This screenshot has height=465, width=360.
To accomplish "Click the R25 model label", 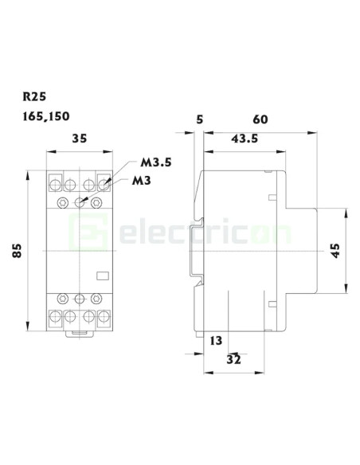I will click(35, 98).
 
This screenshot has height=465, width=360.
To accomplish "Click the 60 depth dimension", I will click(260, 119).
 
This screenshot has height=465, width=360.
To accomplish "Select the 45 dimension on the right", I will click(335, 249).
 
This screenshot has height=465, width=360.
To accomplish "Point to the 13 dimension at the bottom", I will click(216, 340).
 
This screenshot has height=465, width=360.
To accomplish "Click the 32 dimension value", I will click(234, 359).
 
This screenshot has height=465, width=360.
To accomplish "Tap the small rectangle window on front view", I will click(102, 278).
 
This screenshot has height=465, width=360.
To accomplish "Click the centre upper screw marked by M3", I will click(80, 202).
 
